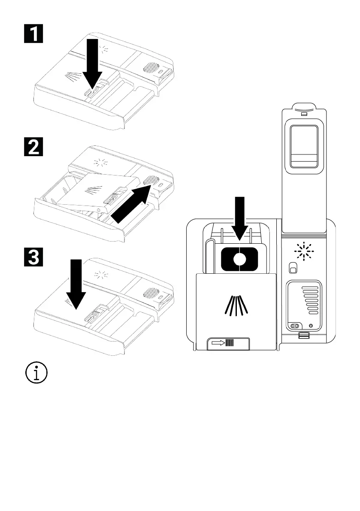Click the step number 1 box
pos(33,33)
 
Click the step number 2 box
pos(33,147)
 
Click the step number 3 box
pos(33,257)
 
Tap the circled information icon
pos(36,372)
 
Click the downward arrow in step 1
pos(92,64)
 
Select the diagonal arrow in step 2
pos(131,204)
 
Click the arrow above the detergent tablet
pos(240,218)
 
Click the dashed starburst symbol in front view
pos(304,251)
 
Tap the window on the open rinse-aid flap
pos(304,146)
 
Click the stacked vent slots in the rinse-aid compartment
pos(309,300)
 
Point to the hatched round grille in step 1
pos(151,68)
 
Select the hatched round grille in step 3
pos(151,293)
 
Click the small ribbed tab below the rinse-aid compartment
pos(304,336)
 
